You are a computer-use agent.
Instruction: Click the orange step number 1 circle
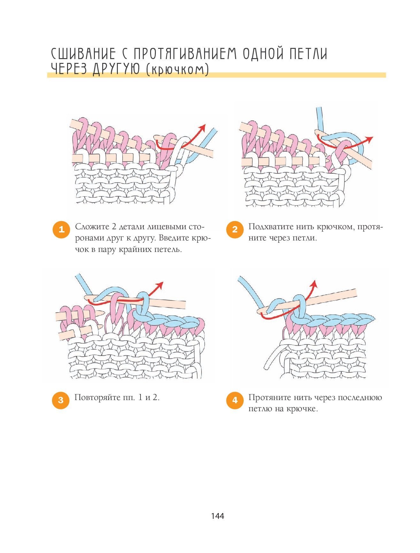coord(61,229)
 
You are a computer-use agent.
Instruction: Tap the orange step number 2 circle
coord(235,229)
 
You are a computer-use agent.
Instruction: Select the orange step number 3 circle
coord(61,400)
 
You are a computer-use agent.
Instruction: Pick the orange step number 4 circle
coord(235,400)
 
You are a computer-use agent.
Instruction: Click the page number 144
coord(218,516)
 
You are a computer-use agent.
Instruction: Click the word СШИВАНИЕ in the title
coord(83,54)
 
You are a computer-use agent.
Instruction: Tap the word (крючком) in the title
coord(177,69)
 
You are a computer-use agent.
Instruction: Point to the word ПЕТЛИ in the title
coord(308,54)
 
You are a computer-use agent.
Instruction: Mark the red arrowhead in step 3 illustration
coord(160,285)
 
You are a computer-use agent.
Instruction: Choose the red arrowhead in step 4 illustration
coord(314,284)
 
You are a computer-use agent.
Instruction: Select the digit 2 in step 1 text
coord(115,227)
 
